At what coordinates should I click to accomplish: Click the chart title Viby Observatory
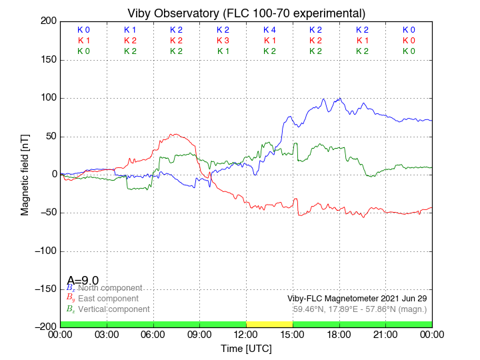click(246, 13)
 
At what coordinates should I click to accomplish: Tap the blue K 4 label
click(269, 30)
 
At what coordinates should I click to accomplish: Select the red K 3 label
click(223, 41)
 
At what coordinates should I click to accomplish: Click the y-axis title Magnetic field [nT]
click(25, 173)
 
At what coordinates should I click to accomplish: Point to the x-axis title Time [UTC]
click(246, 349)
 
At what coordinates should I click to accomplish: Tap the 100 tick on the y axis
click(47, 98)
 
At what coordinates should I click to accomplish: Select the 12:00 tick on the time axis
click(246, 335)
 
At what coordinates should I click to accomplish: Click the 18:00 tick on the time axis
click(339, 335)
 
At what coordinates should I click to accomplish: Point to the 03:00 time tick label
click(107, 335)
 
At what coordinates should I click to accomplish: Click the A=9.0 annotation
click(83, 280)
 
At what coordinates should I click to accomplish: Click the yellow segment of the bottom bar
click(269, 323)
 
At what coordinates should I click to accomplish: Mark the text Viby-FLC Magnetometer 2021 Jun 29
click(357, 298)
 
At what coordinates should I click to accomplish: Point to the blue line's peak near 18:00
click(340, 99)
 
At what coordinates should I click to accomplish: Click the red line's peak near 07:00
click(173, 134)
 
